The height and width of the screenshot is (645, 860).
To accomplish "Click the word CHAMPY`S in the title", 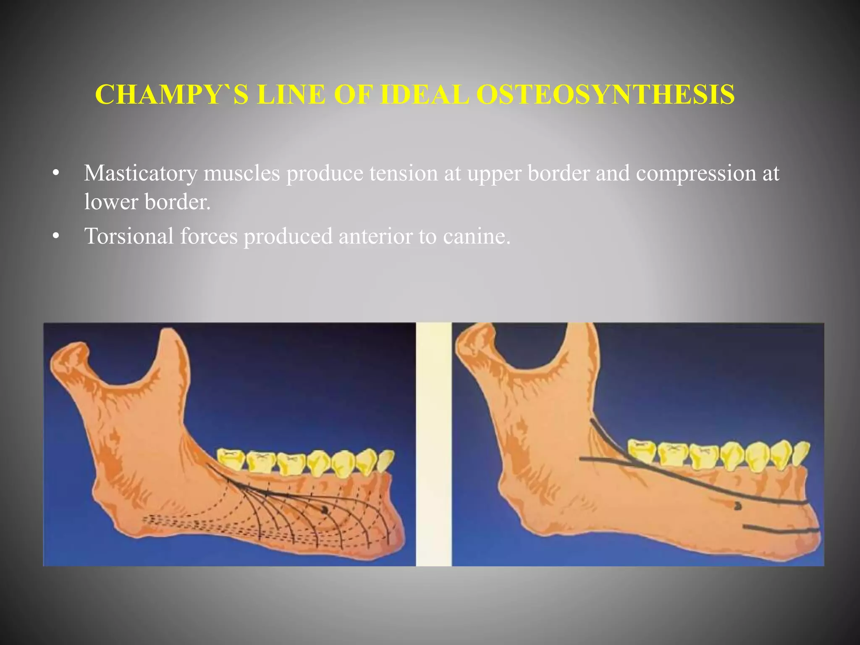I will [x=170, y=95].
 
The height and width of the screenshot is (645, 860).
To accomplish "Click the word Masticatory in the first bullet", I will [x=140, y=173].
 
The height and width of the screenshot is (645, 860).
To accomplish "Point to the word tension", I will [x=404, y=173].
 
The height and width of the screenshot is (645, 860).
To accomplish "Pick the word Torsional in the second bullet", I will [x=129, y=236].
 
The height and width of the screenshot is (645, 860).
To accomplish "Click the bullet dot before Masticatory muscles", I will [x=56, y=174].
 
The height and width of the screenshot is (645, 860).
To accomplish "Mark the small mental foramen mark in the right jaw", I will [x=737, y=506].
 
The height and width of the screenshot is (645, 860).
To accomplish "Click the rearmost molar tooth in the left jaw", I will [x=231, y=459].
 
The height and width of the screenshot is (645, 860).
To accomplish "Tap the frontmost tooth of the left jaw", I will [x=385, y=461].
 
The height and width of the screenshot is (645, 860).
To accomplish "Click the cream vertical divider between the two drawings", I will [x=433, y=444].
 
